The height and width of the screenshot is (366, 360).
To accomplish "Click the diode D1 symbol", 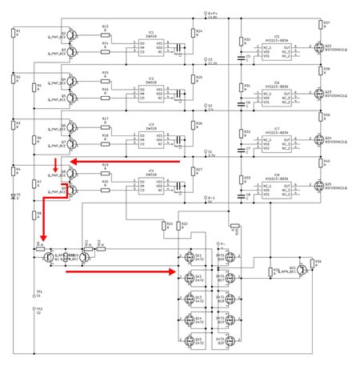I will pos(14,195).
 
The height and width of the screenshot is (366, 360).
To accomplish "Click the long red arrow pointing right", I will pos(120,271).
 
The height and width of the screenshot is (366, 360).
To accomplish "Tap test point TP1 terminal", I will pos(38,295).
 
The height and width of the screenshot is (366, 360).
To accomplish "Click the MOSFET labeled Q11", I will pos(191,257).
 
